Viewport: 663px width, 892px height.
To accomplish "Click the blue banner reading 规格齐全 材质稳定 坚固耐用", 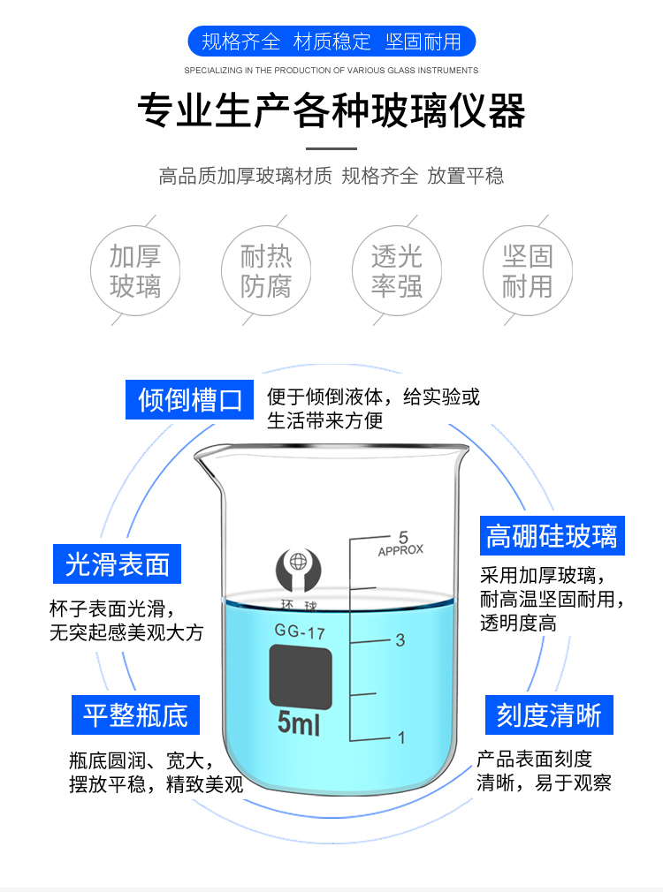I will (x=331, y=42).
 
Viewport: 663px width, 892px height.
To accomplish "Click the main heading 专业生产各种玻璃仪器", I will (x=331, y=111).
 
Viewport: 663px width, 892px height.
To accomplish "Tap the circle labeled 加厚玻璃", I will (x=135, y=271).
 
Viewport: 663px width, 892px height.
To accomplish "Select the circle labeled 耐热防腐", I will (x=266, y=271).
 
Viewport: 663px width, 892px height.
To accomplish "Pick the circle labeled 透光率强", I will (x=397, y=271).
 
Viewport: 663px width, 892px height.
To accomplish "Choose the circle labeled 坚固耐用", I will (x=527, y=271).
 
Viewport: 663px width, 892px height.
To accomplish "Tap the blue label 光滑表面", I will (x=117, y=564).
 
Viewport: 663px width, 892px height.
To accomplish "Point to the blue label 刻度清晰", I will (x=549, y=714).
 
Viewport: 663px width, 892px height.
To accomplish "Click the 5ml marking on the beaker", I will (x=299, y=724).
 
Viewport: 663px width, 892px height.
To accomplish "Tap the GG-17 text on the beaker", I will (x=301, y=631).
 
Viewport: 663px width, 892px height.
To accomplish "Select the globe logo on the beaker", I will (x=298, y=568).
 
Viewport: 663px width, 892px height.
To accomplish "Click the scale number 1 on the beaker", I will (x=400, y=737).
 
